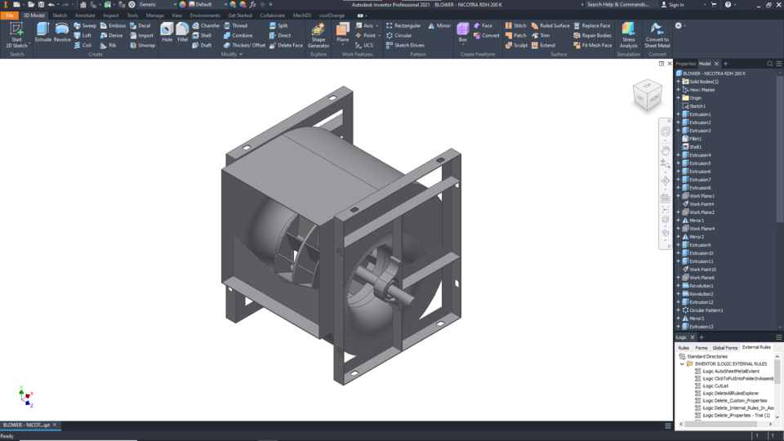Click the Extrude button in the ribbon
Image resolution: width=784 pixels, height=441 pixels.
click(42, 33)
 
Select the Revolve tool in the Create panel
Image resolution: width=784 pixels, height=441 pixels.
click(62, 33)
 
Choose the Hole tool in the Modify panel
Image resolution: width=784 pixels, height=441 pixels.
click(167, 33)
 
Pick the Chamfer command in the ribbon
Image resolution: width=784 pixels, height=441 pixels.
click(206, 25)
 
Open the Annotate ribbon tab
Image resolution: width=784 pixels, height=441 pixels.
click(85, 16)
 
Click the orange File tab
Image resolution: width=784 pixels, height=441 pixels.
click(10, 16)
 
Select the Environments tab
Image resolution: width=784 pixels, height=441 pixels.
click(205, 16)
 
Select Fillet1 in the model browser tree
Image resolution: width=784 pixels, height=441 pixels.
click(695, 139)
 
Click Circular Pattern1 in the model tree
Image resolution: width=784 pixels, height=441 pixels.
click(706, 310)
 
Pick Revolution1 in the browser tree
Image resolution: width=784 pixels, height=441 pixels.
click(701, 286)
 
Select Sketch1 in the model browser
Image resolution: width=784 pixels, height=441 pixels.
click(697, 106)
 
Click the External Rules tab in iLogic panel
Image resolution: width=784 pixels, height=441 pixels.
click(756, 347)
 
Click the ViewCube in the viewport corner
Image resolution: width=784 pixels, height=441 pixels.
click(648, 95)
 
